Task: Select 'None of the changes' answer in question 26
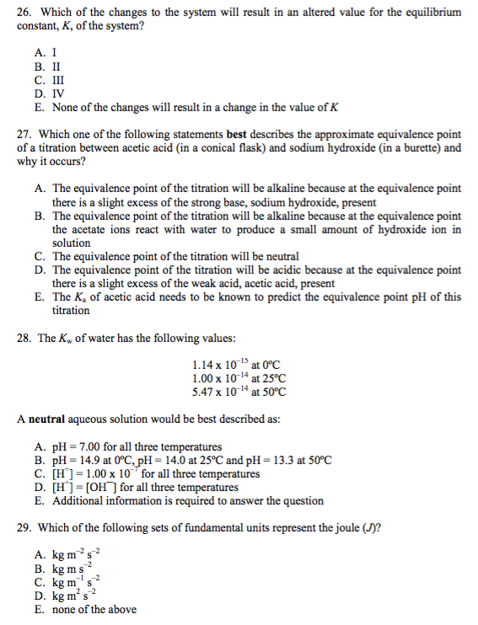tap(194, 107)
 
